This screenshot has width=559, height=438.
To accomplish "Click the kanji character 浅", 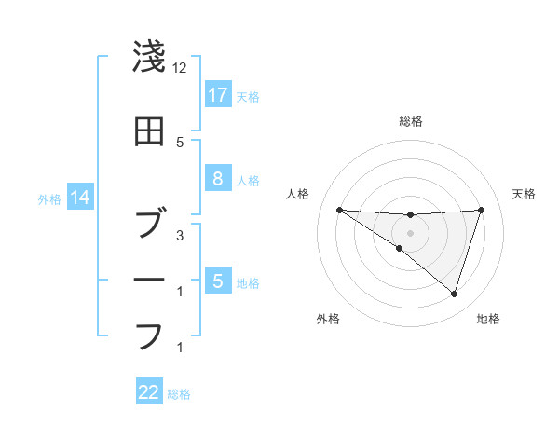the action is tap(149, 58).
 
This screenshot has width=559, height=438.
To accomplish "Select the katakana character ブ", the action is tap(149, 224).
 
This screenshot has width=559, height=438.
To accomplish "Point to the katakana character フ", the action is tap(149, 335).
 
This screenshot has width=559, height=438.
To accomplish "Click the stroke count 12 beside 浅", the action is tap(180, 68).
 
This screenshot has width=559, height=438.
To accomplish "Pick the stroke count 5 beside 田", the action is tap(180, 142).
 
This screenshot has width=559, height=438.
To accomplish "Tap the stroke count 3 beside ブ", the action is tap(180, 235).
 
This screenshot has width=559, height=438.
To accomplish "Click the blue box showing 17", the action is tap(218, 95).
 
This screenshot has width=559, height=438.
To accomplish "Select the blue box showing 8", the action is tap(218, 180).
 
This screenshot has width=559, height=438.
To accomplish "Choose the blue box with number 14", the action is tap(79, 198).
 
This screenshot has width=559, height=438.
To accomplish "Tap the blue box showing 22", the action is tap(149, 392).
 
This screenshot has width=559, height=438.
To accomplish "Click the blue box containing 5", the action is tap(218, 281).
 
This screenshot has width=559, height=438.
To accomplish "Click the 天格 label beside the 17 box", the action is tap(248, 96).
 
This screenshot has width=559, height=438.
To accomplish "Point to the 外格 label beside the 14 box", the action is tap(48, 198).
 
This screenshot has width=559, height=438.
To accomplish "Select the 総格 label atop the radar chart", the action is tap(410, 121).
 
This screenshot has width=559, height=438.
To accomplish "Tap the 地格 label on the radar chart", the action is tap(488, 320).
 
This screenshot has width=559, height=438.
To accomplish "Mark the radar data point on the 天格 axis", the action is tap(481, 211).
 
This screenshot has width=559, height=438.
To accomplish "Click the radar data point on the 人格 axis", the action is tap(339, 211).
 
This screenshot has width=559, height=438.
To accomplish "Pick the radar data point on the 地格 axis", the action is tap(454, 294).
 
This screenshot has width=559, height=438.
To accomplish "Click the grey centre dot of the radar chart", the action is tap(410, 233).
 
